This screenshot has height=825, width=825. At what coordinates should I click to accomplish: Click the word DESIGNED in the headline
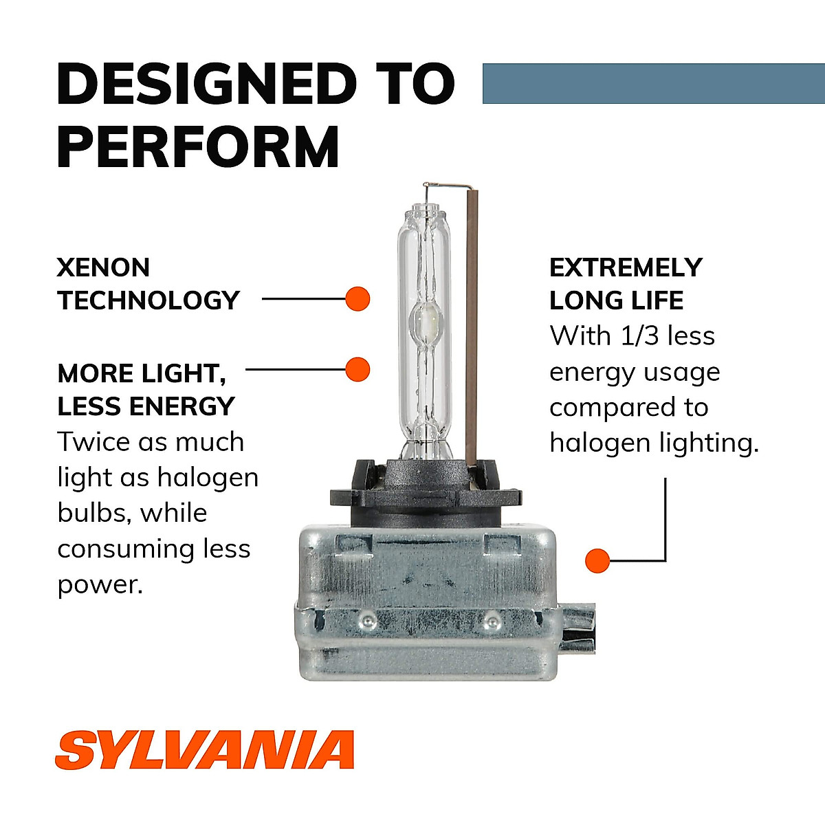coord(206,84)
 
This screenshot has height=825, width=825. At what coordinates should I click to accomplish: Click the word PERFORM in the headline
coord(198,146)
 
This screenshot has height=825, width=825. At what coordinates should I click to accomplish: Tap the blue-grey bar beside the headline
coord(653,84)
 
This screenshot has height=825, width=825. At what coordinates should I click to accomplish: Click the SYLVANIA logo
coord(204,750)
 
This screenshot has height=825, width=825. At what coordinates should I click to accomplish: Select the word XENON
coord(103,267)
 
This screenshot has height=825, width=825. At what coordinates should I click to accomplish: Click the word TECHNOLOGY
coord(148,300)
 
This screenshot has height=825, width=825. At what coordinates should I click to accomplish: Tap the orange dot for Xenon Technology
coord(357,299)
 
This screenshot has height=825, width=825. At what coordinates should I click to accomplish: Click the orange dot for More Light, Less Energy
coord(357,370)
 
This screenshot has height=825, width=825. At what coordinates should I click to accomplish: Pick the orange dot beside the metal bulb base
coord(597,561)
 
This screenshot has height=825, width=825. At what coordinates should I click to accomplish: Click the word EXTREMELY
coord(626,267)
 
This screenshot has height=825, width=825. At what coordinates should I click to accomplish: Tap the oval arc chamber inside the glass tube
coord(426,322)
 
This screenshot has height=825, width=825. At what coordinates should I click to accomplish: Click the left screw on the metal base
coord(367,621)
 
